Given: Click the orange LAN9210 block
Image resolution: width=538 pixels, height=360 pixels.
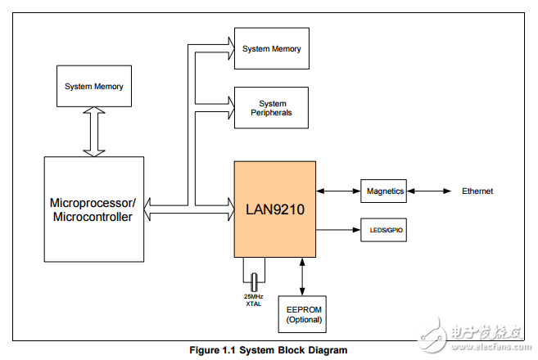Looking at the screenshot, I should [275, 209].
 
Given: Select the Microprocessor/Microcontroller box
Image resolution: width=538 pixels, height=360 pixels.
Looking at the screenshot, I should [93, 209].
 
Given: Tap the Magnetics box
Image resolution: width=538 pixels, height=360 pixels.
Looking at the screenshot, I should [385, 191].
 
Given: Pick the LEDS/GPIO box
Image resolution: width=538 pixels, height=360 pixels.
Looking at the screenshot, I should [385, 231].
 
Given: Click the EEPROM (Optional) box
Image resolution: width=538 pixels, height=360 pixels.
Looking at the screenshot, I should [304, 314].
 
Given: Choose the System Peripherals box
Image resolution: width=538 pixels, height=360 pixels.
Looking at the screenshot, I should [272, 108].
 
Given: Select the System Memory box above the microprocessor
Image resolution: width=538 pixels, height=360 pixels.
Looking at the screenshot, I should [94, 86].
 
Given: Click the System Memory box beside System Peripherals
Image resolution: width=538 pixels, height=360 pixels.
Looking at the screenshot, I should [272, 48].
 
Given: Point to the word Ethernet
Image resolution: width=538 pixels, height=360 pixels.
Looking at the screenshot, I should [477, 191].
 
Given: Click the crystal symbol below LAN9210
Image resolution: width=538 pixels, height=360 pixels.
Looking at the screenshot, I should [255, 280].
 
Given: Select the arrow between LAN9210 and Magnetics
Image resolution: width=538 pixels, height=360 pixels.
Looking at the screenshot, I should [338, 191].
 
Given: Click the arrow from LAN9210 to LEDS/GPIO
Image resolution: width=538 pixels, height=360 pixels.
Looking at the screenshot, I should [338, 231].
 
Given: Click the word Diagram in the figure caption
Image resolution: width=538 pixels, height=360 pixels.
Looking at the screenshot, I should [327, 350].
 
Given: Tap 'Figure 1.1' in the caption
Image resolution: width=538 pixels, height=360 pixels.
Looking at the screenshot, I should [212, 350].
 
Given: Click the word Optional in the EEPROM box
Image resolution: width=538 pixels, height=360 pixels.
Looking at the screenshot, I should [304, 319].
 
